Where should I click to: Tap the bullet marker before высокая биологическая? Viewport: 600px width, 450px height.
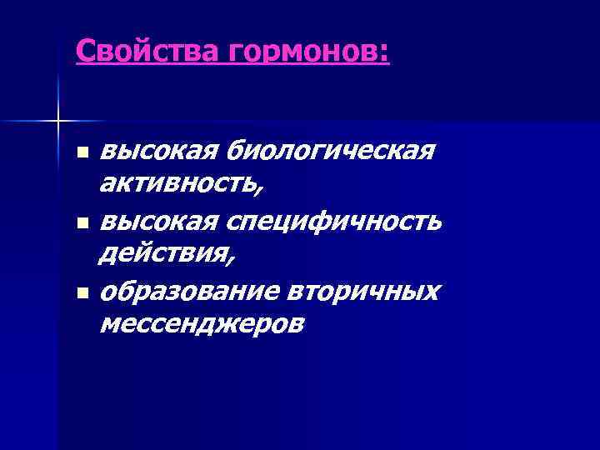(81, 154)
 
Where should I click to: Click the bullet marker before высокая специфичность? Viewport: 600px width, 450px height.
(81, 223)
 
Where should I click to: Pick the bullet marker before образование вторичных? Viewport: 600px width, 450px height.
(81, 293)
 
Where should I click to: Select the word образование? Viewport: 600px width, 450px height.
(189, 292)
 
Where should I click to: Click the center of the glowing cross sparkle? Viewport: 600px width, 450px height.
(57, 122)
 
